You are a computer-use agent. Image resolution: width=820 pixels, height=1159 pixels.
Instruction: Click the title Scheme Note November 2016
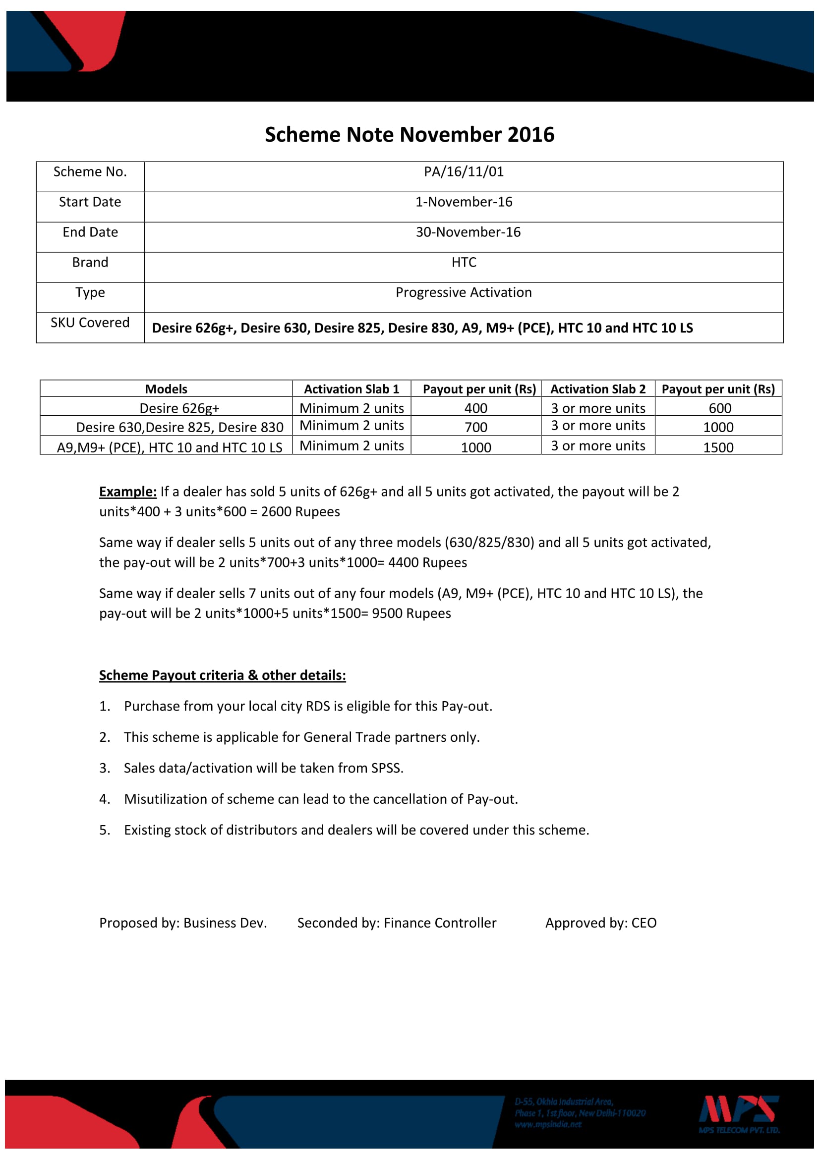click(410, 135)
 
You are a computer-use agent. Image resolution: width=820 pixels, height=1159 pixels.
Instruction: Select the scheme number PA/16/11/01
click(464, 172)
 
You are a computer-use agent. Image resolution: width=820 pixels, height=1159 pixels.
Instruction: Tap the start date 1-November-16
click(464, 202)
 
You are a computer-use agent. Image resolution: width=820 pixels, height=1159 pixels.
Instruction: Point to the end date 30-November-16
click(468, 232)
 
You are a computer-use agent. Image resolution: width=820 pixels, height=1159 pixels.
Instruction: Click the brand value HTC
click(464, 263)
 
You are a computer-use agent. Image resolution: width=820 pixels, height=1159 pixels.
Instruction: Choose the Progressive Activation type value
click(464, 293)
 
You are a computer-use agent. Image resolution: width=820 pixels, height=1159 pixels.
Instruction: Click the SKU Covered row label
click(90, 323)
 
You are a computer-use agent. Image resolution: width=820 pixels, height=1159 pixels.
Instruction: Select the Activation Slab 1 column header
click(351, 389)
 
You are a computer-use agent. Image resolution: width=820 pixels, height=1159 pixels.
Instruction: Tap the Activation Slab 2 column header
click(598, 389)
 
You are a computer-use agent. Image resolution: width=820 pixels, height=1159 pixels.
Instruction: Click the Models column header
click(166, 389)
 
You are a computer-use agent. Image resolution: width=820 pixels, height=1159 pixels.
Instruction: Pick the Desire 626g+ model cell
click(179, 408)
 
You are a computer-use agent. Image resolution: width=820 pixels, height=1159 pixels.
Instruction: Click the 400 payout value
click(475, 408)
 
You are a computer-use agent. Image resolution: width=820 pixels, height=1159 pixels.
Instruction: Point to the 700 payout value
click(475, 428)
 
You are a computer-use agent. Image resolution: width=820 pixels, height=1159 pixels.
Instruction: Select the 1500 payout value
click(718, 448)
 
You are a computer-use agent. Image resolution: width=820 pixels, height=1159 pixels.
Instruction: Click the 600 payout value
click(719, 408)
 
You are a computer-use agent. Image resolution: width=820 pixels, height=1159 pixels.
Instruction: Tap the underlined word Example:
click(128, 492)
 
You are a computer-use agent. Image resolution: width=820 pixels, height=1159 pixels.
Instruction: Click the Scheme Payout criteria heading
click(222, 675)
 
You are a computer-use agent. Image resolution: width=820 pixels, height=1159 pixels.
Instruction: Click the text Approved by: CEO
click(601, 923)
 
